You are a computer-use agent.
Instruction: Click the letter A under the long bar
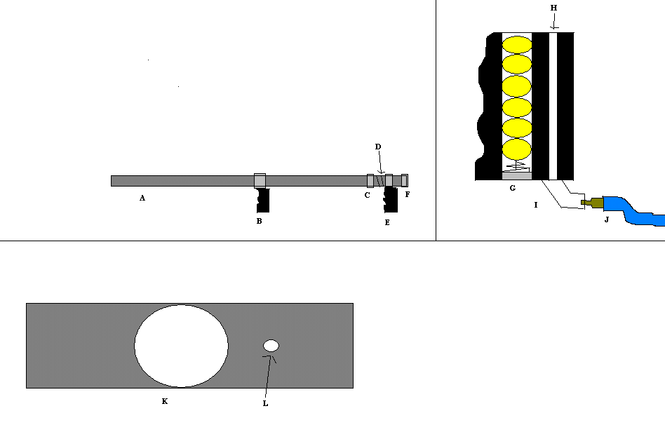click(x=142, y=198)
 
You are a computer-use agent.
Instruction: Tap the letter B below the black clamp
click(x=259, y=221)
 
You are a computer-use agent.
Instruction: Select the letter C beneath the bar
click(x=367, y=195)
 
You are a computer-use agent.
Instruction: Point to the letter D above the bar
click(x=378, y=147)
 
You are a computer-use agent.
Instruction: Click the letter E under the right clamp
click(x=387, y=222)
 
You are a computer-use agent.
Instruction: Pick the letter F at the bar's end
click(x=407, y=195)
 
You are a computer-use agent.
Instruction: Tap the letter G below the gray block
click(x=513, y=188)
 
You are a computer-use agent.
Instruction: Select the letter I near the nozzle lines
click(x=536, y=205)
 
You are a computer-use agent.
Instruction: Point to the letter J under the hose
click(x=607, y=220)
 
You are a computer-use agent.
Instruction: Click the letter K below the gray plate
click(x=164, y=402)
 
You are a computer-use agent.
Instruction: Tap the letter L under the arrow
click(x=265, y=403)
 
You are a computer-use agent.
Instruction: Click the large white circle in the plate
click(x=181, y=346)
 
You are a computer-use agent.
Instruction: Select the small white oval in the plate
click(x=271, y=345)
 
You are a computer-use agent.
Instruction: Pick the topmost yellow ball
click(x=518, y=43)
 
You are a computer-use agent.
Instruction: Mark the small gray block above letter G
click(x=517, y=175)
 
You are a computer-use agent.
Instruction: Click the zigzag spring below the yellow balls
click(x=518, y=166)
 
